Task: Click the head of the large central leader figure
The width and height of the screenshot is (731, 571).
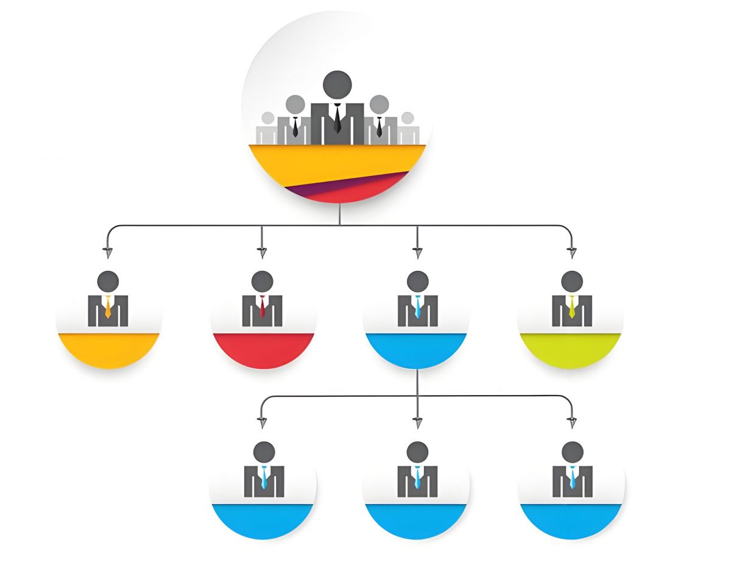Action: point(337,84)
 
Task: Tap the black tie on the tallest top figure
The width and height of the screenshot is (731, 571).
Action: point(337,119)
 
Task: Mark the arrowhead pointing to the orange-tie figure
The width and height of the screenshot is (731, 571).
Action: point(108,250)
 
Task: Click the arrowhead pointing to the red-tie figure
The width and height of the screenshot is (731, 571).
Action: point(262,250)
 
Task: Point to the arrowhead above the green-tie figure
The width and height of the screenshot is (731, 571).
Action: point(571,250)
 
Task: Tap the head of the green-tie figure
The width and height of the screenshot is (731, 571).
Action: point(571,281)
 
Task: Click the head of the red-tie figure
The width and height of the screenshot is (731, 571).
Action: point(262,281)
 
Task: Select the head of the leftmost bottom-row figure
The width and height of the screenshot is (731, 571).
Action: point(263,452)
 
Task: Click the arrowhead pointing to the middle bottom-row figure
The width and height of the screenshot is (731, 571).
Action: point(417,421)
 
